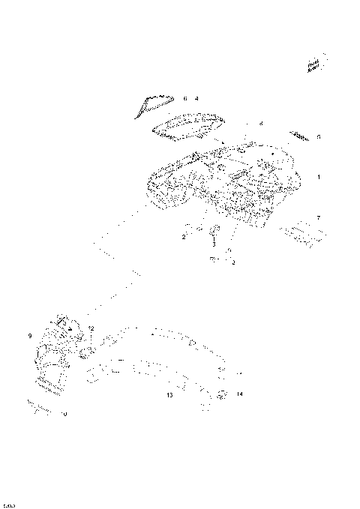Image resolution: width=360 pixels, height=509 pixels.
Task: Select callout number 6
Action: [x=184, y=98]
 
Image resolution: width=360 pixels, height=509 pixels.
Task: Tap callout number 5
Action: [x=318, y=137]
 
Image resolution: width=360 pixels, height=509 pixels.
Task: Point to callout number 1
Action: [x=318, y=178]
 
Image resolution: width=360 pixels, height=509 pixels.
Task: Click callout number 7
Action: [x=318, y=217]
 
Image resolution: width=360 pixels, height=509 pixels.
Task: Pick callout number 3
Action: [x=213, y=244]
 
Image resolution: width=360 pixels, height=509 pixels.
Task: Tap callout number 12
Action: [x=91, y=328]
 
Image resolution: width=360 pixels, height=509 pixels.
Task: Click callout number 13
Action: [x=169, y=394]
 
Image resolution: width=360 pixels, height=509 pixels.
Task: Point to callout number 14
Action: [x=239, y=394]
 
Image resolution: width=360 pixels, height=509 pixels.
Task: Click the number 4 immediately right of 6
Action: [x=196, y=98]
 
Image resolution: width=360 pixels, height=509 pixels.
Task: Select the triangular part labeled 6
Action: [x=153, y=104]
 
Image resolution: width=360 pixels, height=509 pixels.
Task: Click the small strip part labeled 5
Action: [x=301, y=136]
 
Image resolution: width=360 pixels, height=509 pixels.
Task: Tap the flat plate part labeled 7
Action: [x=302, y=232]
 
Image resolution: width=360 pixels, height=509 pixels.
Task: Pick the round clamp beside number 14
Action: [x=222, y=394]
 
